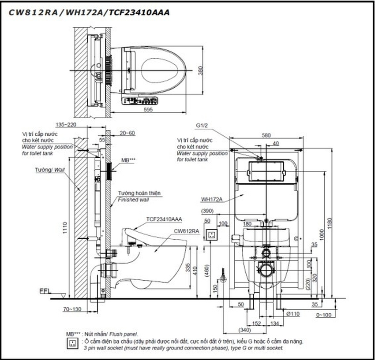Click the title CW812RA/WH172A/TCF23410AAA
(x=89, y=12)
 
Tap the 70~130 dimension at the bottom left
(x=71, y=310)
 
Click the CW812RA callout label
(x=185, y=230)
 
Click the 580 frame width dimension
(x=266, y=136)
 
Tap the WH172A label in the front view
(x=211, y=199)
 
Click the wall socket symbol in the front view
(x=213, y=234)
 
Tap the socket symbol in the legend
(x=71, y=344)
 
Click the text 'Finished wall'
(x=133, y=200)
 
